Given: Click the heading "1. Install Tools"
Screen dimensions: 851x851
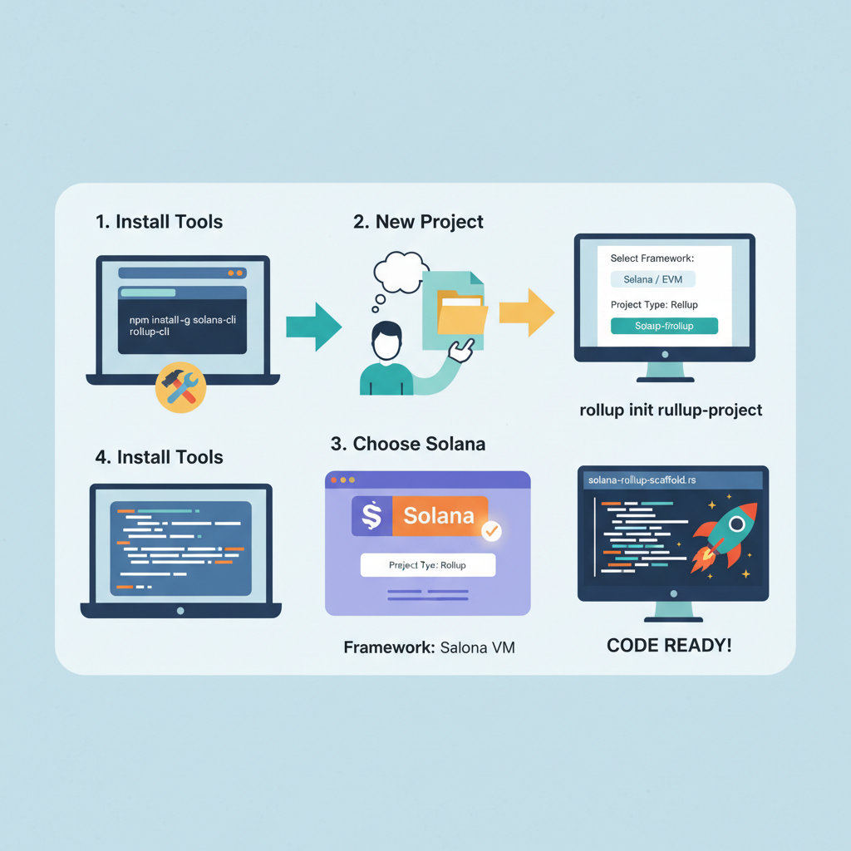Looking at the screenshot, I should point(159,222).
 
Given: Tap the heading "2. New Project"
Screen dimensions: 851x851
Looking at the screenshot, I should point(418,222).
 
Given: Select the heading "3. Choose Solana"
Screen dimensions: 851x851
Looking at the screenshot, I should point(407,444).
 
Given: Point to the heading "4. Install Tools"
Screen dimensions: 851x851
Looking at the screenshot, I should point(159,457).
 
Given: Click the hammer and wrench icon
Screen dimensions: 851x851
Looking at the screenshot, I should point(180,387).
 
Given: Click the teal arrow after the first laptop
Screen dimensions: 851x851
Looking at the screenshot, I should point(312,326).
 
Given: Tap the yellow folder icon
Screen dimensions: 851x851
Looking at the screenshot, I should point(461,317).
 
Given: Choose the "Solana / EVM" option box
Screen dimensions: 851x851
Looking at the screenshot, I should point(652,279).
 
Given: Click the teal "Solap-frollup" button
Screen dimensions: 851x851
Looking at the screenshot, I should point(664,326).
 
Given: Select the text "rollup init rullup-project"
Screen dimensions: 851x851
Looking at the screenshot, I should point(671,410).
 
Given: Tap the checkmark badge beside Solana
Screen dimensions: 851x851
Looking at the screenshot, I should point(491,529).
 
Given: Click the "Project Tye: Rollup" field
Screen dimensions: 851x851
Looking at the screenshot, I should point(427,565).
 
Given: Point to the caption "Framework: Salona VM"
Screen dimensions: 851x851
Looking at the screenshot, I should point(429,647).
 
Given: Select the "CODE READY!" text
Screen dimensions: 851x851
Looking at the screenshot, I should point(669,646).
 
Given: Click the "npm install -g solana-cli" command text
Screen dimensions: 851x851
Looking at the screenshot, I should point(181,321).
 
